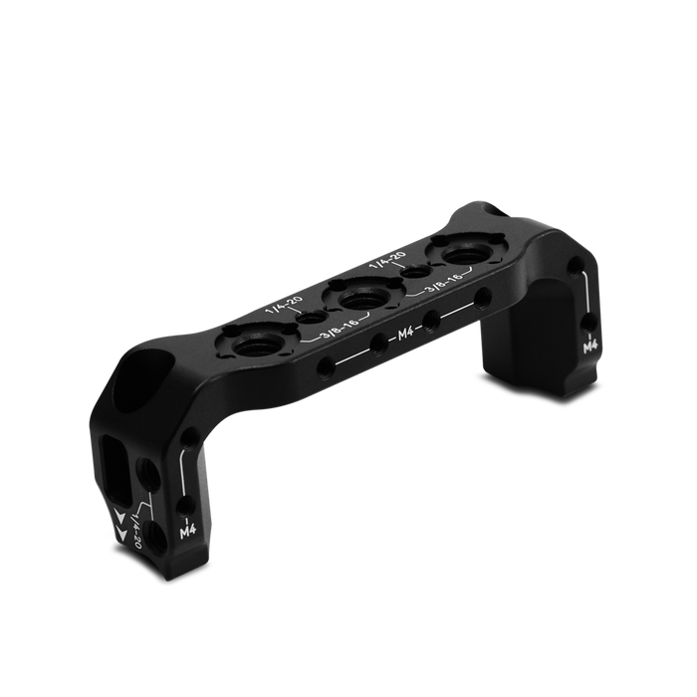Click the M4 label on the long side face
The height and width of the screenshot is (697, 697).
pyautogui.click(x=402, y=334)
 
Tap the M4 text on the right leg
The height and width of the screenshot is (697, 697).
pyautogui.click(x=589, y=347)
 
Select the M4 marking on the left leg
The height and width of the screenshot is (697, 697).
pyautogui.click(x=188, y=532)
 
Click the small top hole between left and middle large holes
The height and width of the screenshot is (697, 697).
pyautogui.click(x=310, y=318)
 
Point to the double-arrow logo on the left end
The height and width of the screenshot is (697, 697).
pyautogui.click(x=120, y=525)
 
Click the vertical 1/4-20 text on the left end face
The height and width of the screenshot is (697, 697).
pyautogui.click(x=135, y=530)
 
